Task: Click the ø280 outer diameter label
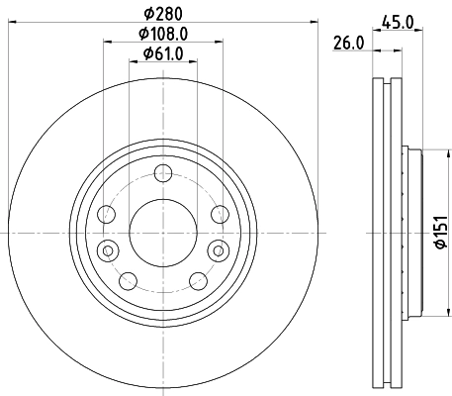(162, 14)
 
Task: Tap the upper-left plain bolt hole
(110, 213)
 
